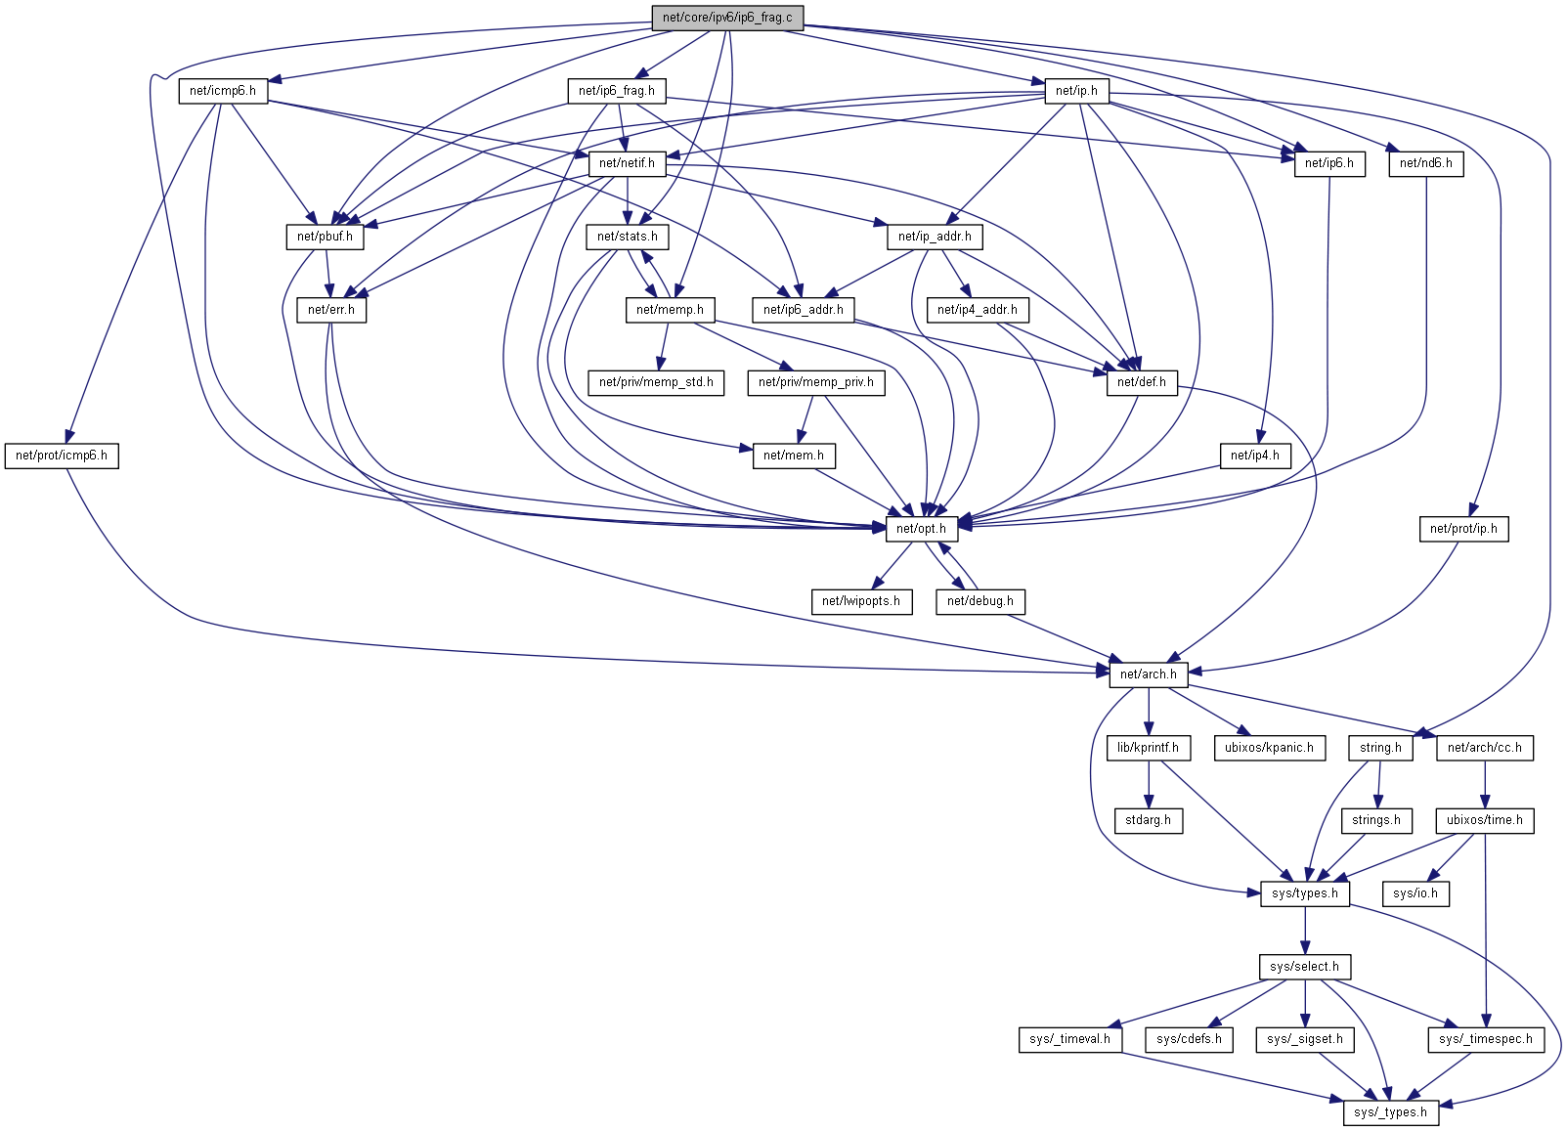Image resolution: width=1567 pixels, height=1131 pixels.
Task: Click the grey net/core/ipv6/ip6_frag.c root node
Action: [727, 18]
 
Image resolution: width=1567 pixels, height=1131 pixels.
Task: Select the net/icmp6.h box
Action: [223, 91]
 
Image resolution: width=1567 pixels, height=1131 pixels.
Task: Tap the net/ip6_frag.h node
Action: [617, 91]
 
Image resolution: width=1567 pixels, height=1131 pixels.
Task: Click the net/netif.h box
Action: [627, 163]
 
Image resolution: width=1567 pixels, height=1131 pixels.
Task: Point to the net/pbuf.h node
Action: [325, 237]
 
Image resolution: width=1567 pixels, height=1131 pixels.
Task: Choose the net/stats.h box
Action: [627, 237]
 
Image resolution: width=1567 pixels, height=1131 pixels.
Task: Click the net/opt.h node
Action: [921, 529]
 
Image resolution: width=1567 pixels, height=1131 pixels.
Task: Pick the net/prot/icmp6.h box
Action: [62, 456]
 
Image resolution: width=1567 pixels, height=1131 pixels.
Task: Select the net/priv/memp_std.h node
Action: [656, 382]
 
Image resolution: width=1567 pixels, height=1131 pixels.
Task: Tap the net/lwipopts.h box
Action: [861, 601]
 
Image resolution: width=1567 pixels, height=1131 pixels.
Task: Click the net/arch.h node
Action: [1149, 674]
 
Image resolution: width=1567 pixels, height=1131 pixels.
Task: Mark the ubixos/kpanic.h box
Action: [1269, 748]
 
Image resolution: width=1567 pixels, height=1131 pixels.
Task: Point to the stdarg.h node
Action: [1148, 820]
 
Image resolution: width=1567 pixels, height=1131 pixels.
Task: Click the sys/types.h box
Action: [1305, 893]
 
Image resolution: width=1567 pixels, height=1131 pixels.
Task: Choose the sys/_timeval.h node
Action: [1069, 1039]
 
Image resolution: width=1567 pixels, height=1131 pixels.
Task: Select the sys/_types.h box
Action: [1390, 1112]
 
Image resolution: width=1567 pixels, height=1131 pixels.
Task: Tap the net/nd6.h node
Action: [1426, 163]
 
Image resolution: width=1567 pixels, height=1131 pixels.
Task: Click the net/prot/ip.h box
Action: [1463, 529]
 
